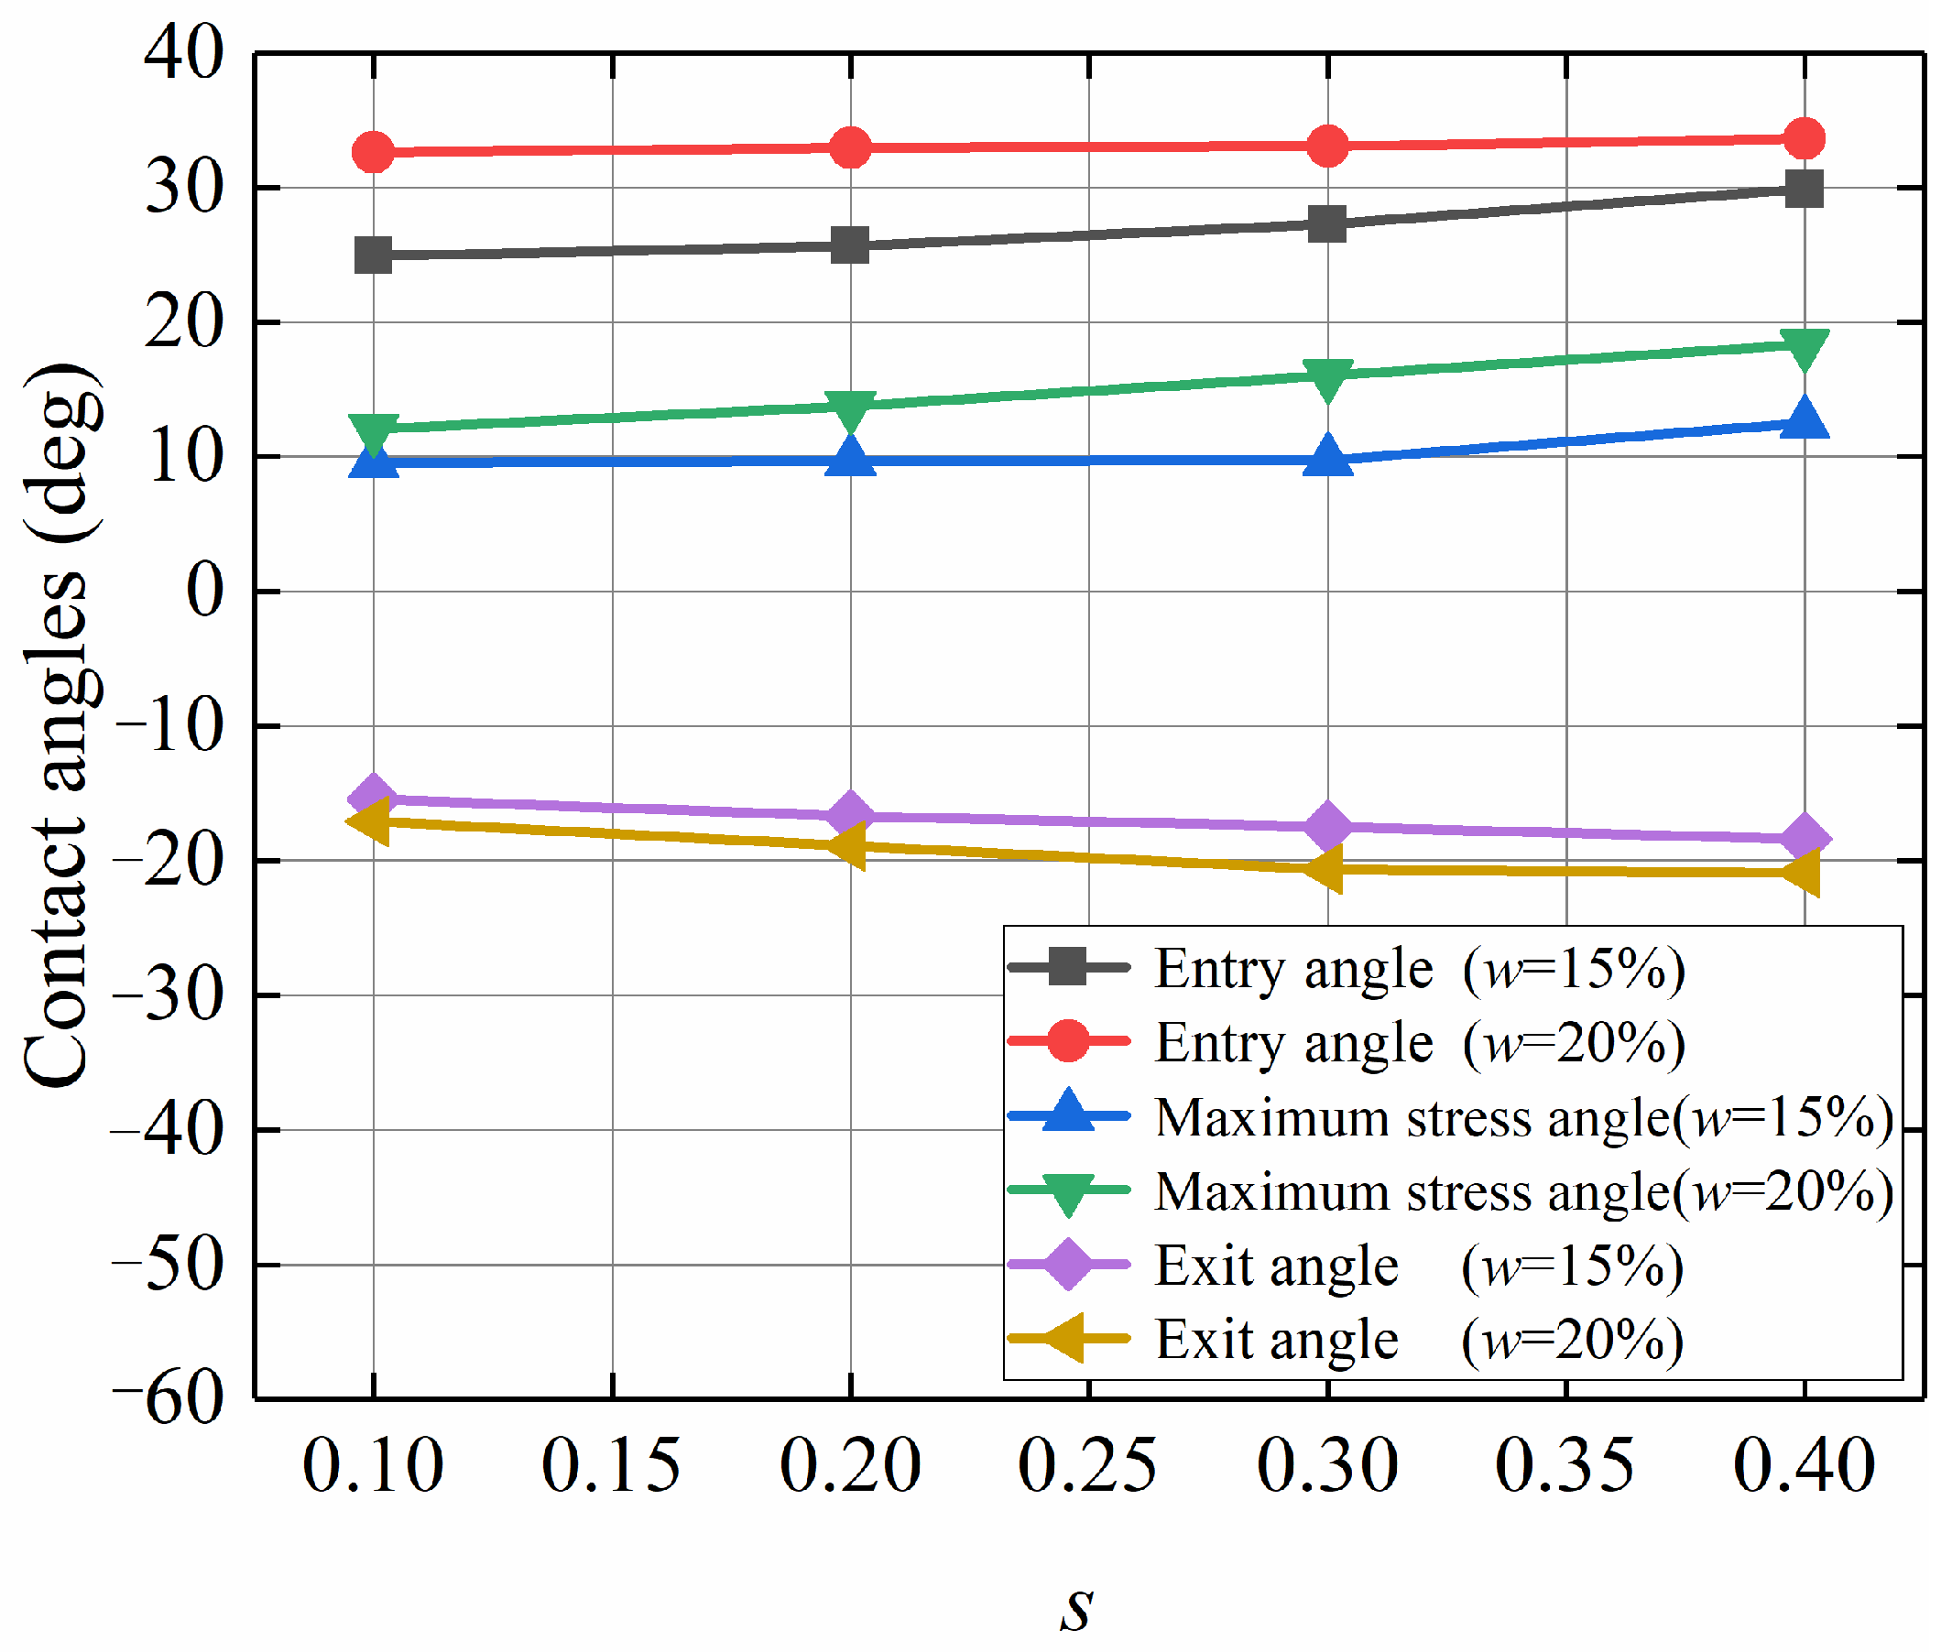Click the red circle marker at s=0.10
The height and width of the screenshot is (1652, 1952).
[x=374, y=152]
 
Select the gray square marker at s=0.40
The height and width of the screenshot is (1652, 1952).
[x=1805, y=190]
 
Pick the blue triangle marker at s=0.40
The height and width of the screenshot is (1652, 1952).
[x=1805, y=418]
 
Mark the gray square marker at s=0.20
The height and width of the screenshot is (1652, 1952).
[x=850, y=245]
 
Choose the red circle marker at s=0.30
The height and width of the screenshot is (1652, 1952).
[x=1327, y=147]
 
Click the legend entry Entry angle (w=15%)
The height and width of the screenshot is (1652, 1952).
[x=1347, y=968]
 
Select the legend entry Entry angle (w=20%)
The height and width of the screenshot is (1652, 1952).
[x=1347, y=1042]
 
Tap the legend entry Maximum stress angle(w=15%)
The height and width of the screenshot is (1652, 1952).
[x=1451, y=1117]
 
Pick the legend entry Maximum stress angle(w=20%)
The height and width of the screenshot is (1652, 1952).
[x=1451, y=1191]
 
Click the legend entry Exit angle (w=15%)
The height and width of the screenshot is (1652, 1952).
[x=1346, y=1266]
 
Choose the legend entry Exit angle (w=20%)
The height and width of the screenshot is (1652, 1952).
[x=1346, y=1339]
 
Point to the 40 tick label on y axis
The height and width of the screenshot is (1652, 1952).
[x=183, y=53]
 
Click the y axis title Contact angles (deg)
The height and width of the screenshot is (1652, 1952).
[x=60, y=725]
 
